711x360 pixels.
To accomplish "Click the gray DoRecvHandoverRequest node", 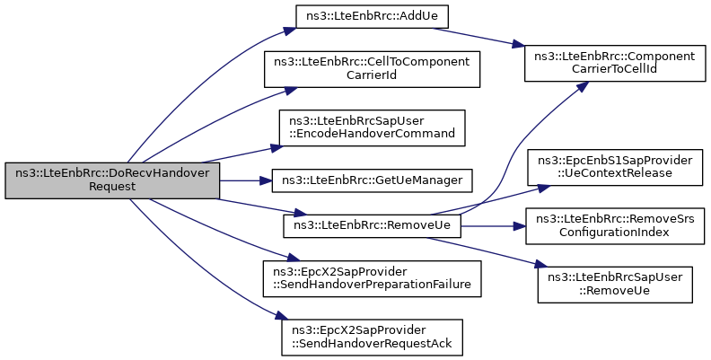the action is click(x=112, y=180).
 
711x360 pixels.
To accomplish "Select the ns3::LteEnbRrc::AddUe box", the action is click(x=372, y=17).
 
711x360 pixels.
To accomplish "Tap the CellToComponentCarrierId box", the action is click(x=372, y=69).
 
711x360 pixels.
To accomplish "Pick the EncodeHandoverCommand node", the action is click(x=372, y=127).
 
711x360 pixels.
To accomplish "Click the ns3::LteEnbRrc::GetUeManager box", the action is click(x=372, y=180).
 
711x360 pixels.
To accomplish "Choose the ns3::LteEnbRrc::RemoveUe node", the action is click(x=372, y=225).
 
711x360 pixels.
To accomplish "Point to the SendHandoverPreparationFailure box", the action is click(x=372, y=279).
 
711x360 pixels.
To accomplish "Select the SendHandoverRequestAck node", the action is click(x=372, y=338).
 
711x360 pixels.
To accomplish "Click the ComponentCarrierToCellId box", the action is click(x=615, y=64).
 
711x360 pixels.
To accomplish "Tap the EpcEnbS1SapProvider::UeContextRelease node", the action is click(x=615, y=167).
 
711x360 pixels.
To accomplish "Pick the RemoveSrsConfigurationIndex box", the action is click(x=615, y=226).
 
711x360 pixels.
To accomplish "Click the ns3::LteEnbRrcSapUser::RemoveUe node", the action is click(x=615, y=285).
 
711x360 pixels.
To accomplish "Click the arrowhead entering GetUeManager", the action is click(x=267, y=180).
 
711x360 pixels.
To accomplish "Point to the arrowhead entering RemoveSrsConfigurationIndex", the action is click(x=520, y=226).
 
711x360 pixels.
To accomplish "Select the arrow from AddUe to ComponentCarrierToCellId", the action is click(x=478, y=37).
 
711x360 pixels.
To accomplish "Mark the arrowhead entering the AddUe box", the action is click(x=291, y=31).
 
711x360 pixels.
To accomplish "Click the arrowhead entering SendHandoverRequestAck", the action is click(x=282, y=316).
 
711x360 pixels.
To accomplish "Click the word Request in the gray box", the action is click(x=112, y=187).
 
